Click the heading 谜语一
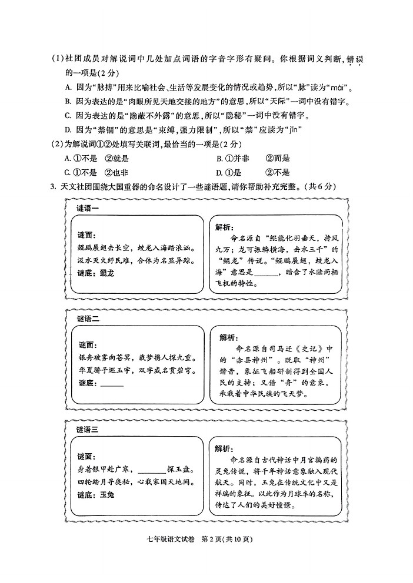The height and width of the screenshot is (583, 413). point(88,209)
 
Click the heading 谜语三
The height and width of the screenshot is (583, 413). point(88,430)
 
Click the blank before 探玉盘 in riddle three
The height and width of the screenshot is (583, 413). point(152,470)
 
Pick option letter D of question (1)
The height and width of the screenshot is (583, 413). point(68,130)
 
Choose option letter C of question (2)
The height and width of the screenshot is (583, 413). point(68,173)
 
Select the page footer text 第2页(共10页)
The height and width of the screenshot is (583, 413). point(229,538)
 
